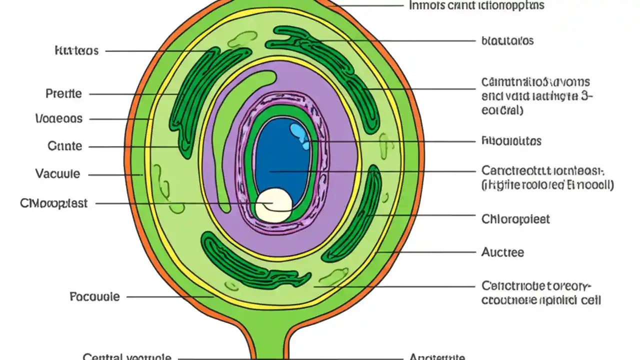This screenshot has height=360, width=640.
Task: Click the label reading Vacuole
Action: click(x=57, y=174)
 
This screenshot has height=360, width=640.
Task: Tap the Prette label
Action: click(x=63, y=93)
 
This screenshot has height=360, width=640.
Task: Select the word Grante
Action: click(x=64, y=146)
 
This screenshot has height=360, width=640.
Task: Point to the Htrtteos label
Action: click(x=76, y=51)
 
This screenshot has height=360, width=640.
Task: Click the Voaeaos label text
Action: click(x=59, y=119)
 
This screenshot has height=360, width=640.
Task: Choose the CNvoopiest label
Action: click(x=53, y=203)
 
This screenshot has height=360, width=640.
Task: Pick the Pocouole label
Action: click(x=94, y=296)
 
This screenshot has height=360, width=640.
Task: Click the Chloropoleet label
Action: click(x=515, y=219)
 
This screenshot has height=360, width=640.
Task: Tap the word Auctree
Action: click(x=502, y=252)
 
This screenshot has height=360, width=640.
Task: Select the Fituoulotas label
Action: click(x=511, y=141)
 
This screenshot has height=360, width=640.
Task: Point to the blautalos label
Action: click(x=507, y=40)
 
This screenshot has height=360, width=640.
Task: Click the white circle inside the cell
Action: click(x=273, y=204)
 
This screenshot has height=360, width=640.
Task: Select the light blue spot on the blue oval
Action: click(x=300, y=136)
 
